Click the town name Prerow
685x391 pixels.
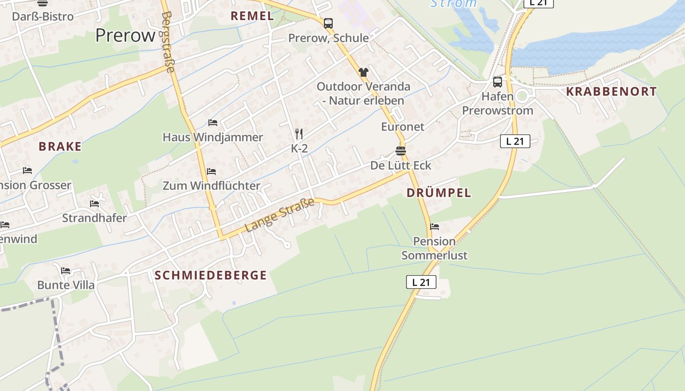(125, 35)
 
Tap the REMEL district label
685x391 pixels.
(252, 16)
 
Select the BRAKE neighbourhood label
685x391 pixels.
(60, 146)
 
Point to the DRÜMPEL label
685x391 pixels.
(439, 193)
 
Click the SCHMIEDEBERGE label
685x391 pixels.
(211, 275)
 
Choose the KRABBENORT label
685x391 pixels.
(611, 91)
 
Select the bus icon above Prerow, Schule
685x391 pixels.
(328, 23)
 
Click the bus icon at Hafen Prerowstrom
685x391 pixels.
(498, 82)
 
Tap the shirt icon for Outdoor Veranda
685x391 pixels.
(363, 72)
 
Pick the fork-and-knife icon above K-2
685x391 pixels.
(299, 133)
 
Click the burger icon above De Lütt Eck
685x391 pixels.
(401, 151)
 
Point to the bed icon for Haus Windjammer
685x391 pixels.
(212, 122)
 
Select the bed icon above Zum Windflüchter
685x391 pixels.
(211, 171)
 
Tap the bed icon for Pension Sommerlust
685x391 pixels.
(434, 226)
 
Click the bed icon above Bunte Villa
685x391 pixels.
(66, 270)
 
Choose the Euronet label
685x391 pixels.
(403, 127)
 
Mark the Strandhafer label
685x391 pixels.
(94, 218)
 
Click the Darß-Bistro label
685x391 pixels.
(43, 16)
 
